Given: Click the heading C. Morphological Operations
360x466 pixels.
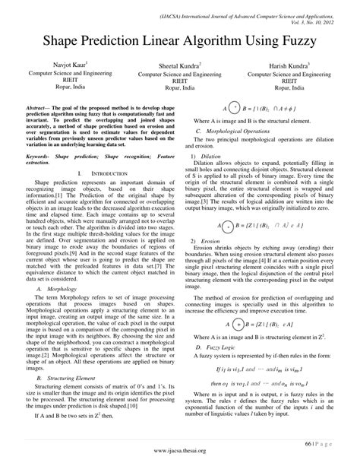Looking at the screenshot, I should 231,132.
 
